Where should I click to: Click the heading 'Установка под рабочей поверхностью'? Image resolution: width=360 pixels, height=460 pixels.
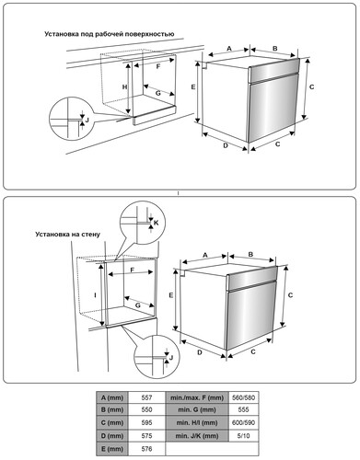(x=110, y=34)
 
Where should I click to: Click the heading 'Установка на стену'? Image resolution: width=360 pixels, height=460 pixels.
(x=67, y=235)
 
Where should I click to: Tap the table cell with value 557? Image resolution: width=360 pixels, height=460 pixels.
(x=146, y=397)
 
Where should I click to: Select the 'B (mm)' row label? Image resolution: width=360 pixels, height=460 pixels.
(x=112, y=409)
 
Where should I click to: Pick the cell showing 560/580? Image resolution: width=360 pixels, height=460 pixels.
(x=244, y=397)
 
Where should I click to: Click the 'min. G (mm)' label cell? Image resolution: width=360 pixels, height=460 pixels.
(x=197, y=409)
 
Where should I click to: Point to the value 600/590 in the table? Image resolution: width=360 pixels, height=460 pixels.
(x=244, y=422)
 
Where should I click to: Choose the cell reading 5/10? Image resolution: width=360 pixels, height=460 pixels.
(x=244, y=436)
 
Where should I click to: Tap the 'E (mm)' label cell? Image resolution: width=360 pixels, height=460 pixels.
(x=112, y=449)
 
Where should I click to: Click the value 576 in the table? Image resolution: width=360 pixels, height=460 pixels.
(x=146, y=449)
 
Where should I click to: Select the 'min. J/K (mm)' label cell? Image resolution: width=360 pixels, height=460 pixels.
(x=197, y=436)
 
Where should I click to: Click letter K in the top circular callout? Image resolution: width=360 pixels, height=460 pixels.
(x=157, y=223)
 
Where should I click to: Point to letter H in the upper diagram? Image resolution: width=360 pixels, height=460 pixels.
(x=124, y=87)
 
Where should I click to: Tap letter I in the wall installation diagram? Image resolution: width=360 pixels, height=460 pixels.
(x=96, y=295)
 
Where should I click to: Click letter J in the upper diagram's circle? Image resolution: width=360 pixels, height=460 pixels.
(x=87, y=121)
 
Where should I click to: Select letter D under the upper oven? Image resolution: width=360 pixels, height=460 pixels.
(x=226, y=145)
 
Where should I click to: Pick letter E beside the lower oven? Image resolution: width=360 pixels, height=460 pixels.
(x=171, y=295)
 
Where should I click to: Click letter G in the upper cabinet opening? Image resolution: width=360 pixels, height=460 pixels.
(x=157, y=93)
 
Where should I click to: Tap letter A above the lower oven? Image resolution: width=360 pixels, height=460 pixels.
(x=205, y=255)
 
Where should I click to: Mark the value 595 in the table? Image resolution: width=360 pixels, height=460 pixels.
(x=146, y=422)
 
